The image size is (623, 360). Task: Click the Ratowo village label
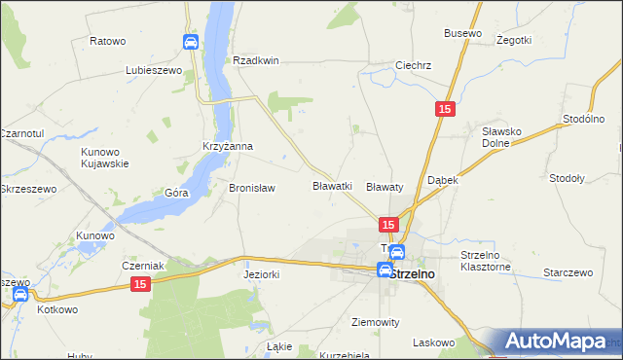(108, 41)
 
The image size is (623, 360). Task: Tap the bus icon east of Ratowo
(190, 42)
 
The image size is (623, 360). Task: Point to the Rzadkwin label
(256, 60)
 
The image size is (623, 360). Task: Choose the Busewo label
(462, 33)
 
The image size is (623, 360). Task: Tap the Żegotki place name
(513, 40)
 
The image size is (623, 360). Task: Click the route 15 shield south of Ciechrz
(444, 111)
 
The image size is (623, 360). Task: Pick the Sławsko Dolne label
(504, 136)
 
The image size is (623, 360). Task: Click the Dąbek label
(443, 181)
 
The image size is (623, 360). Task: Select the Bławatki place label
(332, 185)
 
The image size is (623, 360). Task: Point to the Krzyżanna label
(228, 147)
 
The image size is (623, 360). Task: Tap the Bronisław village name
(252, 188)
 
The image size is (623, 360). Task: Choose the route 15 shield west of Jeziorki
(141, 282)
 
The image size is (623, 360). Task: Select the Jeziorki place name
(261, 275)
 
